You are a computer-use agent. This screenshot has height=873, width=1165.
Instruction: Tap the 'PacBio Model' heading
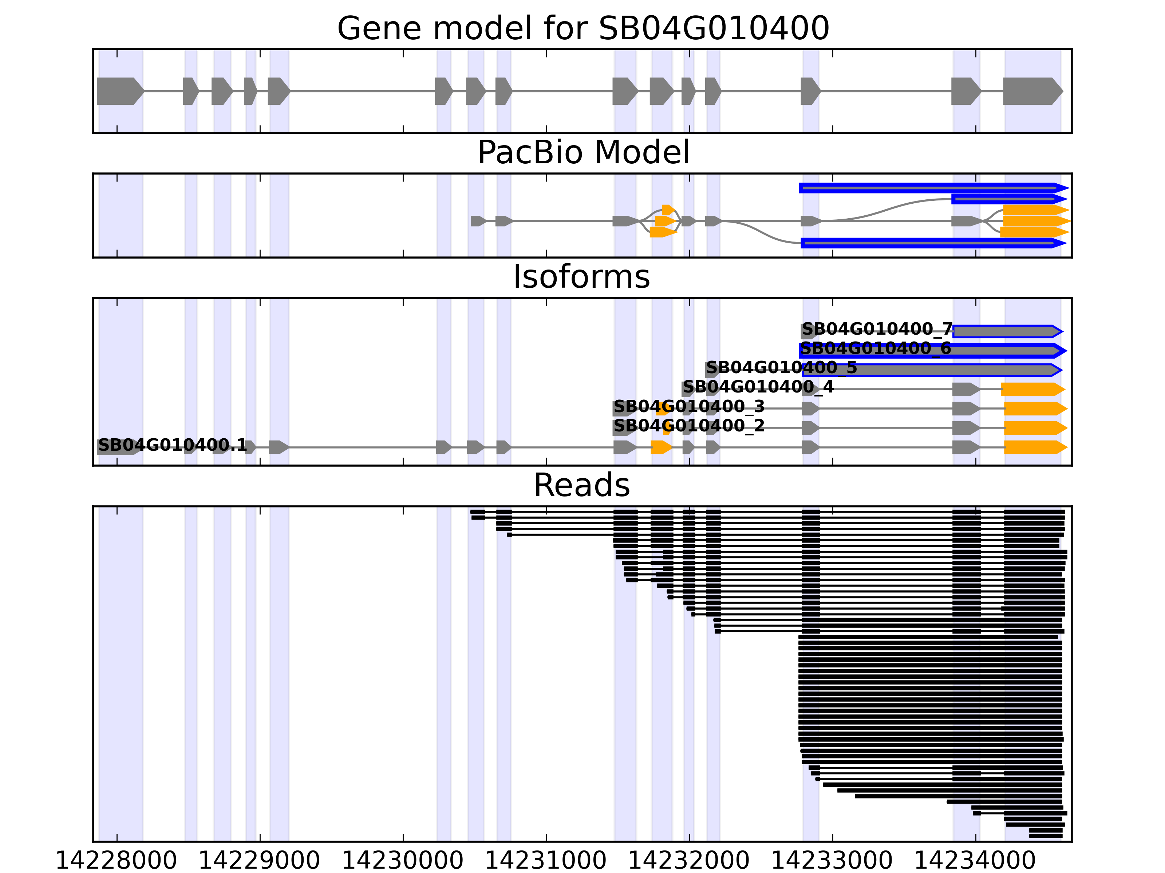click(x=583, y=153)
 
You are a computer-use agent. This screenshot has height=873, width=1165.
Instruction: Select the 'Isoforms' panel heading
click(x=581, y=277)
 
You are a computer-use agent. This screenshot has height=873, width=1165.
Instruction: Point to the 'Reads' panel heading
click(x=581, y=485)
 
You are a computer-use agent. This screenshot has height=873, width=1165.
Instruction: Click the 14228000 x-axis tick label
click(x=116, y=861)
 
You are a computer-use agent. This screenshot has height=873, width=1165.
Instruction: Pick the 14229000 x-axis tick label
click(x=260, y=861)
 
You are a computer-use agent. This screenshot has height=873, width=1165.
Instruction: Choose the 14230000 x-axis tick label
click(x=403, y=861)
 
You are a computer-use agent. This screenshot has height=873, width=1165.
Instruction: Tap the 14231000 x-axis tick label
click(x=546, y=861)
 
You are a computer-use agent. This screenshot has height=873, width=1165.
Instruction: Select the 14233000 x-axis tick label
click(x=833, y=861)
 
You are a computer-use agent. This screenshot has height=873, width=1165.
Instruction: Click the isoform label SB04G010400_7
click(x=877, y=330)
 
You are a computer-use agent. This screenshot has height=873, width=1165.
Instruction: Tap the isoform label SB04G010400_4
click(x=758, y=387)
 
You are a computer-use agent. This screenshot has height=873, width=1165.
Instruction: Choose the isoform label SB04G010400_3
click(x=689, y=407)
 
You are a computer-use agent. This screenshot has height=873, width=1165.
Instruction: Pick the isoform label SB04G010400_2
click(x=689, y=426)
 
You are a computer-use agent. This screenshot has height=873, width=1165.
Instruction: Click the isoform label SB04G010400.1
click(x=172, y=446)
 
